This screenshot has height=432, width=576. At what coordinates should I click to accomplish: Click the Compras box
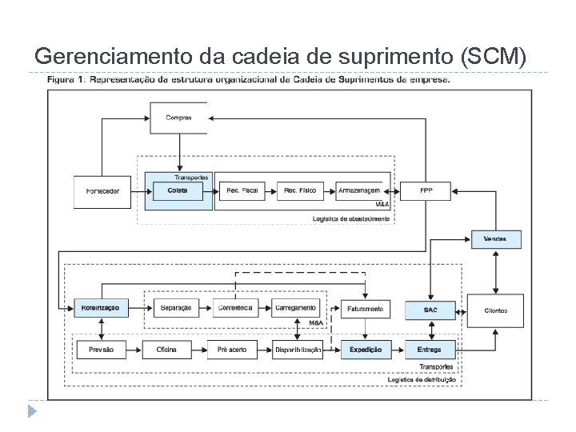coord(179,117)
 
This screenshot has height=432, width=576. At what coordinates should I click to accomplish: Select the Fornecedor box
coord(102,190)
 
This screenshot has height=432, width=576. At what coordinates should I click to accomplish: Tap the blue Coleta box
coord(178,190)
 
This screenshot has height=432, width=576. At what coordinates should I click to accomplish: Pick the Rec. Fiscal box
coord(242,190)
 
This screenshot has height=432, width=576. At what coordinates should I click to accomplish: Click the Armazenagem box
coord(358,190)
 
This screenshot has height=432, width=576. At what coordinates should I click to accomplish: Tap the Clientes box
coord(496,309)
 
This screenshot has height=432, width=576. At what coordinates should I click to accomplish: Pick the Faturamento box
coord(366,309)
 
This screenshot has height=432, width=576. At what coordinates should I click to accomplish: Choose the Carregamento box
coord(296,308)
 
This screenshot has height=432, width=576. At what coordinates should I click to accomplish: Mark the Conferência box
coord(234,308)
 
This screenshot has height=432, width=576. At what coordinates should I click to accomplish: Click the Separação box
coord(175,308)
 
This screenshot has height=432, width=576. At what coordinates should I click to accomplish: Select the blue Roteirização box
coord(101,309)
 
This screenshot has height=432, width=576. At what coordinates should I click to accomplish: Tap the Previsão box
coord(101,350)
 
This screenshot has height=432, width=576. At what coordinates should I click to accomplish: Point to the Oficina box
coord(166,350)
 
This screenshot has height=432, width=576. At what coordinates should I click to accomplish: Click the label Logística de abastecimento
coord(352,218)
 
